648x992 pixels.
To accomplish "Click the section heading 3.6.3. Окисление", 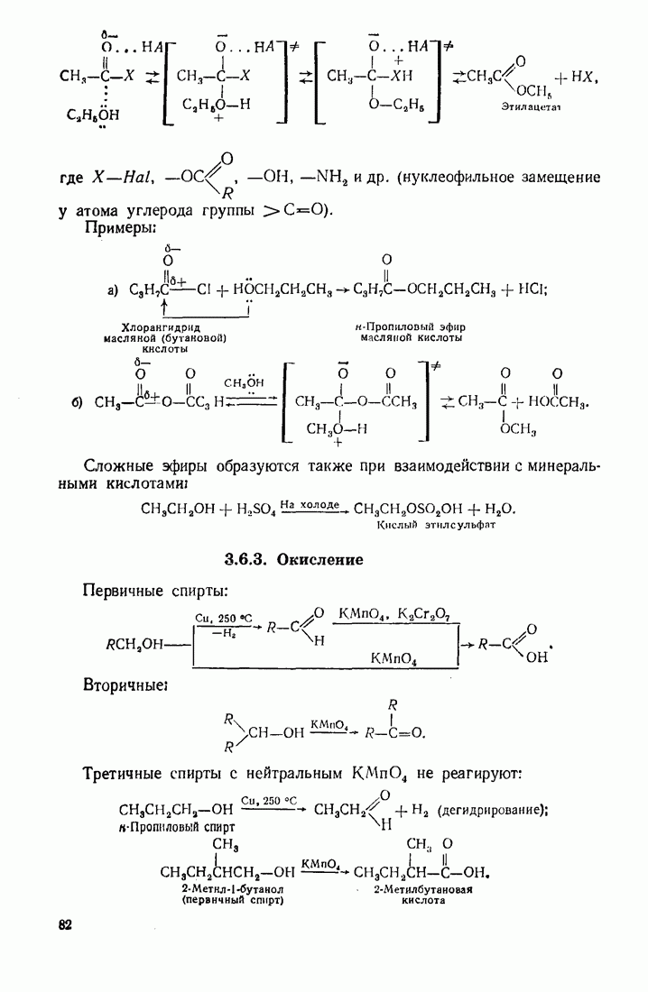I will click(294, 559).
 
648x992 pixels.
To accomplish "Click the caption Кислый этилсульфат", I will click(437, 524).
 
